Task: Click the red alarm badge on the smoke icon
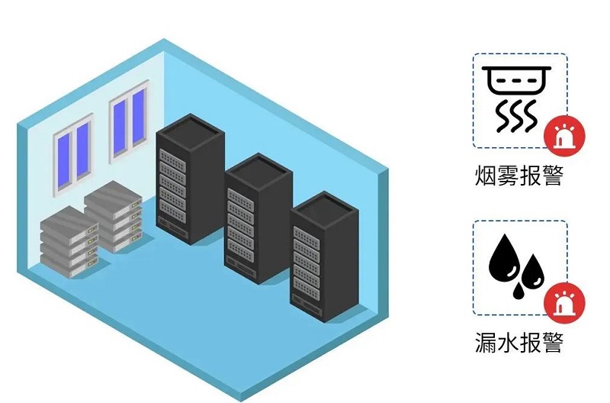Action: click(564, 136)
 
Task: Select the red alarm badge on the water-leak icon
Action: click(564, 304)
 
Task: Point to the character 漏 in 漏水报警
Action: click(486, 343)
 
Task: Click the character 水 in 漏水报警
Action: click(508, 343)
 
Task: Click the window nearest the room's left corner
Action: click(73, 156)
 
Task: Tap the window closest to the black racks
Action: click(128, 121)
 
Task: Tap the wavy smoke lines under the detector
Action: click(516, 114)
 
